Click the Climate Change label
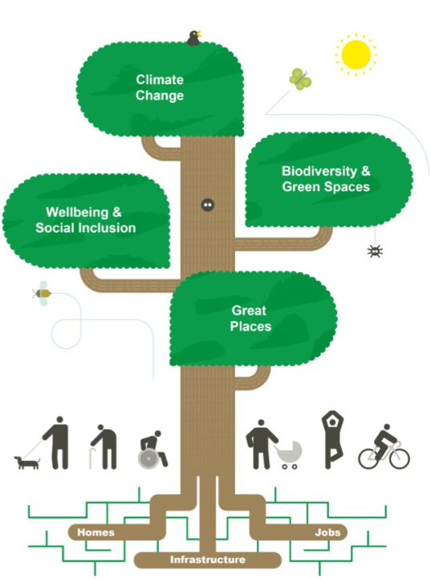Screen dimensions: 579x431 pos(160,88)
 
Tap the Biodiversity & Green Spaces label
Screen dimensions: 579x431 pos(326,179)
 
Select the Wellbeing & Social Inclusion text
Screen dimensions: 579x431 pos(86,220)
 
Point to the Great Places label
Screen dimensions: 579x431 pos(250,318)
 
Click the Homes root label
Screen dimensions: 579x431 pos(96,532)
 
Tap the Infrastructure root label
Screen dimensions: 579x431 pos(207,559)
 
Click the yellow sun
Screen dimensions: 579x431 pos(355,54)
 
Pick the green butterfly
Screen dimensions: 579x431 pos(299,79)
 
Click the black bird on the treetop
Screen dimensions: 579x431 pos(193,38)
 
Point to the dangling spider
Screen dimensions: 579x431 pos(375,251)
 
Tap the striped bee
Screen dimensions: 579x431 pos(42,293)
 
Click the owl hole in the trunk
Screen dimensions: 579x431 pos(207,205)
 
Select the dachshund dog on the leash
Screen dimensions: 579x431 pos(26,463)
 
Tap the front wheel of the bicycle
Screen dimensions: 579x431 pos(397,458)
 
